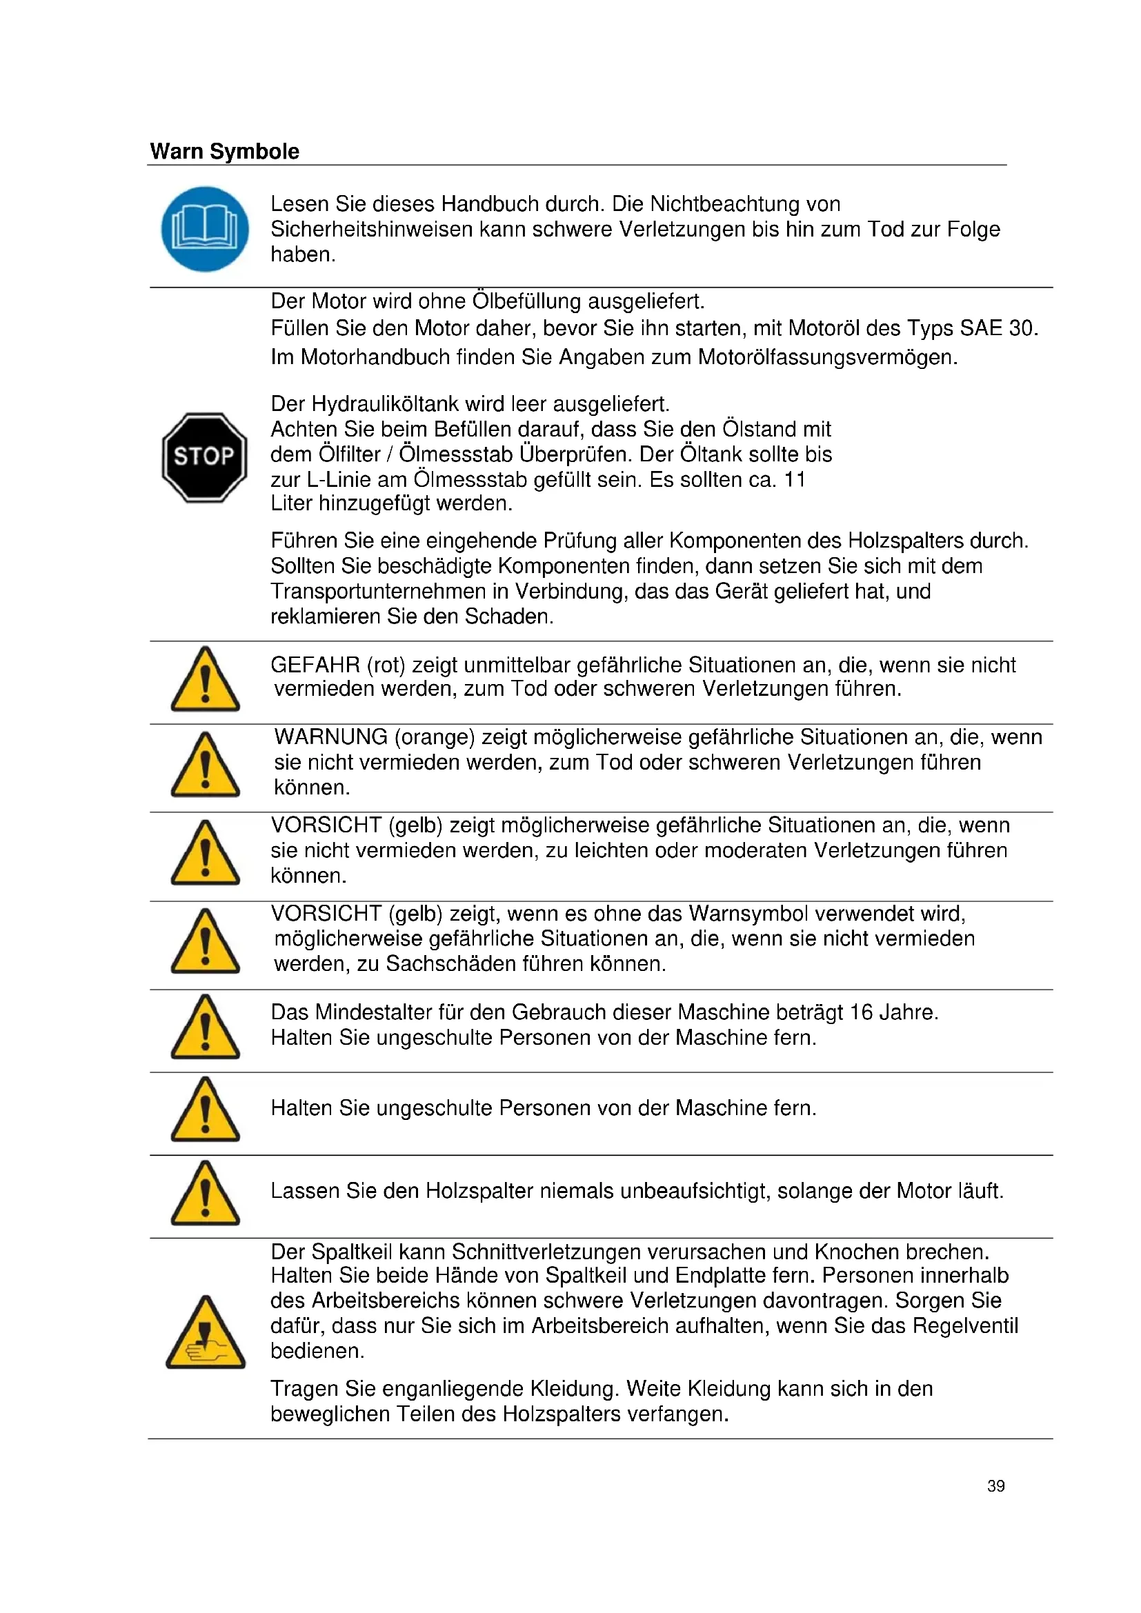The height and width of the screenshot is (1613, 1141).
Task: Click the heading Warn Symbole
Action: [x=224, y=151]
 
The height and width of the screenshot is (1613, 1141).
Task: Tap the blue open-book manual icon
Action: [x=204, y=229]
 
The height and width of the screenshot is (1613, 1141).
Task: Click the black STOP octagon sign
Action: [x=204, y=457]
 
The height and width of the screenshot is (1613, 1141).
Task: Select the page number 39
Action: [x=995, y=1485]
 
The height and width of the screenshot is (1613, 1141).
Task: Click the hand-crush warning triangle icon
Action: [x=205, y=1333]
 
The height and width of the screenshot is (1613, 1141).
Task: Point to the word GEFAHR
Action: [x=315, y=665]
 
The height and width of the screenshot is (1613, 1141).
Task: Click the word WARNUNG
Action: [x=330, y=737]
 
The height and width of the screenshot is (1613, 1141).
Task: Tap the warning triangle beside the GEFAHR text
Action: [x=205, y=680]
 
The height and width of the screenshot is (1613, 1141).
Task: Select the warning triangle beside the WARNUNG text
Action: [x=205, y=765]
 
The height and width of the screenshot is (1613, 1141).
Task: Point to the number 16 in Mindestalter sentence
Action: [x=861, y=1012]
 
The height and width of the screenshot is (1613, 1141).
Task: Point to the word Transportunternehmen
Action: [x=378, y=591]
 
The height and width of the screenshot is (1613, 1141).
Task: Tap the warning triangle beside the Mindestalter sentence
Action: [x=205, y=1028]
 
